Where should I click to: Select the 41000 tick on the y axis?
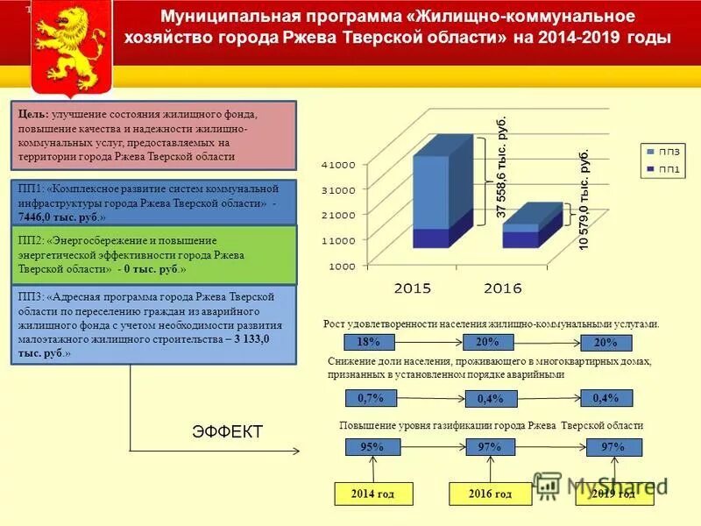tap(337, 165)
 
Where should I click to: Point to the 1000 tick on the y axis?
tap(341, 265)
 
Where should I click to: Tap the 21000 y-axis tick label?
tap(337, 215)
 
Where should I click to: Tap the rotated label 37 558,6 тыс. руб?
tap(501, 167)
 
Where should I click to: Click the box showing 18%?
tap(369, 342)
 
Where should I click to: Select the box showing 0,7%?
tap(370, 398)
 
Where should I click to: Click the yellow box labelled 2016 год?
tap(491, 494)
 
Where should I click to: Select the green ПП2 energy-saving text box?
tap(154, 254)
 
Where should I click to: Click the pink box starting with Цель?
tap(154, 136)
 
